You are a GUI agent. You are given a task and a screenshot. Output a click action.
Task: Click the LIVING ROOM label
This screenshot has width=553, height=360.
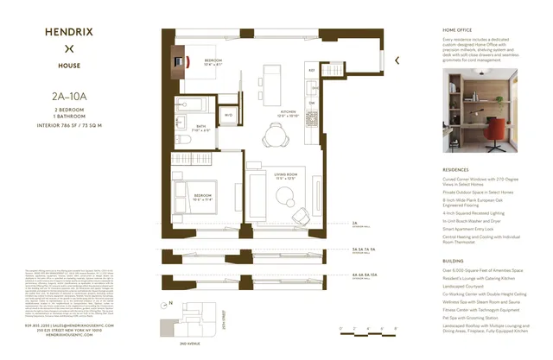point(285,176)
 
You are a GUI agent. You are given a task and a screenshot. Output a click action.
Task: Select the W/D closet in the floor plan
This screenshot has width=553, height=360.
point(229,115)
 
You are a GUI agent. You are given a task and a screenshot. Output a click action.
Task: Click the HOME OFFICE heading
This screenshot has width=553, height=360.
point(460,31)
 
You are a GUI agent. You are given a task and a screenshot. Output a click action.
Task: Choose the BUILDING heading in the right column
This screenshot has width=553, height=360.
point(454,258)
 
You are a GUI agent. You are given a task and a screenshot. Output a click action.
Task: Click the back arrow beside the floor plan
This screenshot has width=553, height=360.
point(397,60)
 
